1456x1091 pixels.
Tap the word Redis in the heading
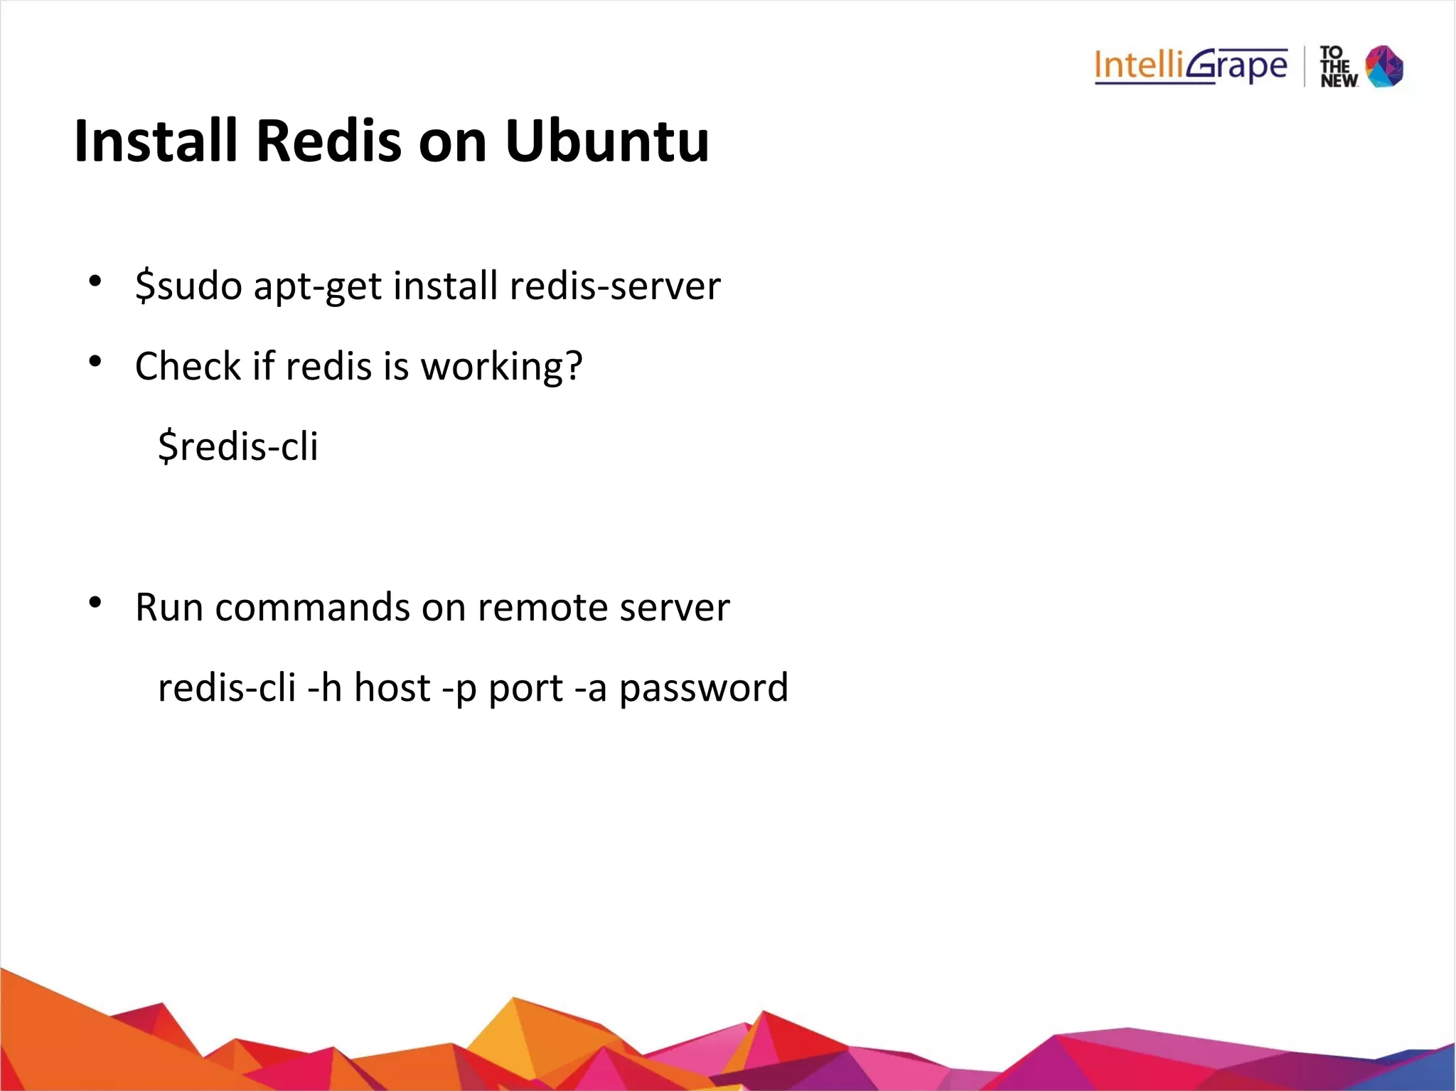tap(328, 141)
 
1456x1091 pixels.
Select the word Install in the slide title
tap(156, 141)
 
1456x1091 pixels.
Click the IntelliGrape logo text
tap(1190, 67)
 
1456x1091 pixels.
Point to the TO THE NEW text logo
tap(1338, 68)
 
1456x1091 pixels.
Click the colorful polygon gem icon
tap(1384, 67)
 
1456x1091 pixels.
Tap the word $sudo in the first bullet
tap(188, 286)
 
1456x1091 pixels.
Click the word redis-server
tap(615, 286)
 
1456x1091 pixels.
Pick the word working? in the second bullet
tap(502, 367)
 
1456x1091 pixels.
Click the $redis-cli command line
tap(238, 446)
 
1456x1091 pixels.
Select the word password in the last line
tap(703, 689)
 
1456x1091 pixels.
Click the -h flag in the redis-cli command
tap(324, 688)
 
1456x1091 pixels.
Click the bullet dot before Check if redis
tap(95, 362)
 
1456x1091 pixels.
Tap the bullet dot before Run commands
tap(95, 603)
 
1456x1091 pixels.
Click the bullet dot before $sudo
tap(95, 281)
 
